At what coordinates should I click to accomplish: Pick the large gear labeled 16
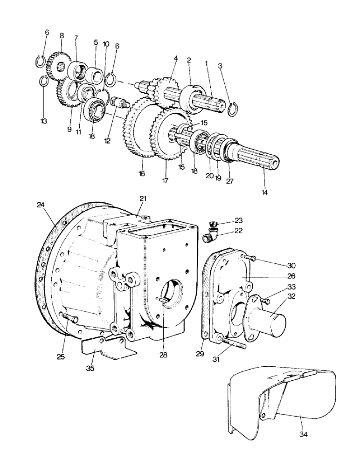[x=140, y=135]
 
